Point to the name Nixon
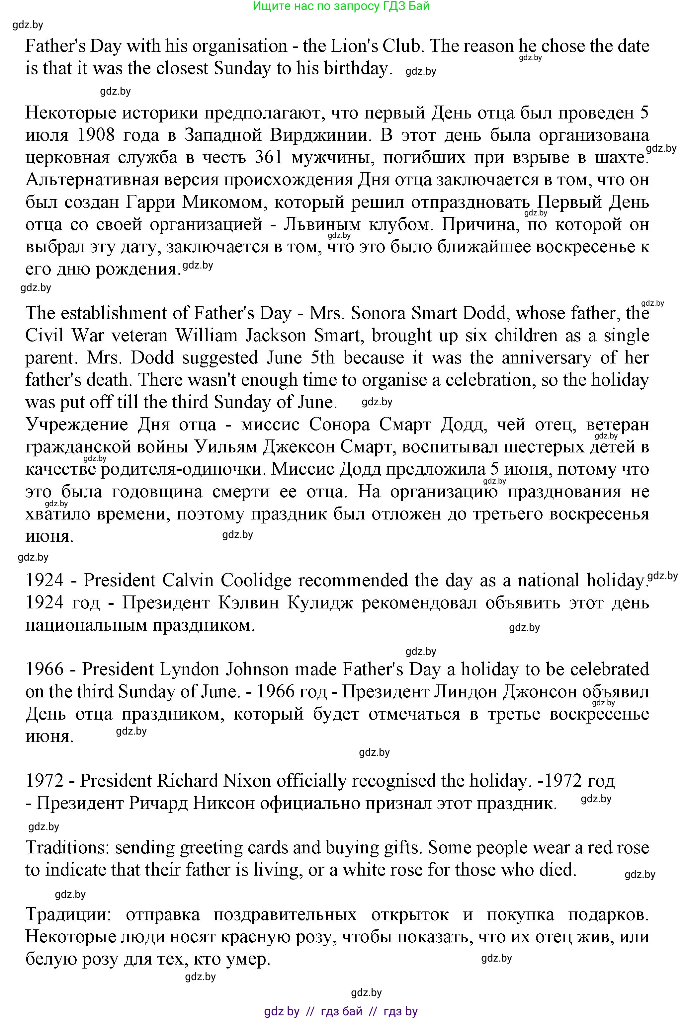point(247,780)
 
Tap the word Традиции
point(68,914)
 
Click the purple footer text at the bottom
point(341,1011)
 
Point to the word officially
point(311,780)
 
